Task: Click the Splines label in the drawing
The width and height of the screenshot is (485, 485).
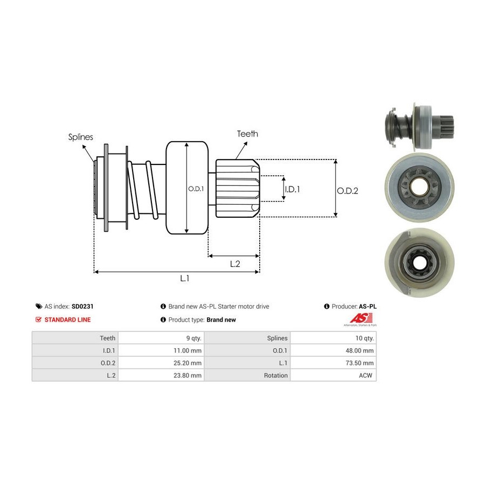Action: click(80, 137)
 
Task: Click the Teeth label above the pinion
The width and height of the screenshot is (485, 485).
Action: click(247, 134)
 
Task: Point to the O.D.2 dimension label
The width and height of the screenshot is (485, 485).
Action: click(348, 190)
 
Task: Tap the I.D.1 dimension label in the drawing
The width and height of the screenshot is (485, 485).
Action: click(292, 189)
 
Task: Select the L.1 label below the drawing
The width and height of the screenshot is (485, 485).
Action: click(184, 278)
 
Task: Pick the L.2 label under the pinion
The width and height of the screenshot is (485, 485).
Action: click(235, 264)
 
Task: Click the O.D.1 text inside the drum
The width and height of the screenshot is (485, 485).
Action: click(196, 189)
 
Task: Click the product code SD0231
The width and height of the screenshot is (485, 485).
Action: click(82, 306)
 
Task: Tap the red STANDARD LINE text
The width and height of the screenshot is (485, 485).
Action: click(67, 320)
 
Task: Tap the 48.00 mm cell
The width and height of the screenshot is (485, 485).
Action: click(361, 350)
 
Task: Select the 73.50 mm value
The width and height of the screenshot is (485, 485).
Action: click(361, 363)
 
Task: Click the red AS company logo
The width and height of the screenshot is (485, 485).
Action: click(359, 318)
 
